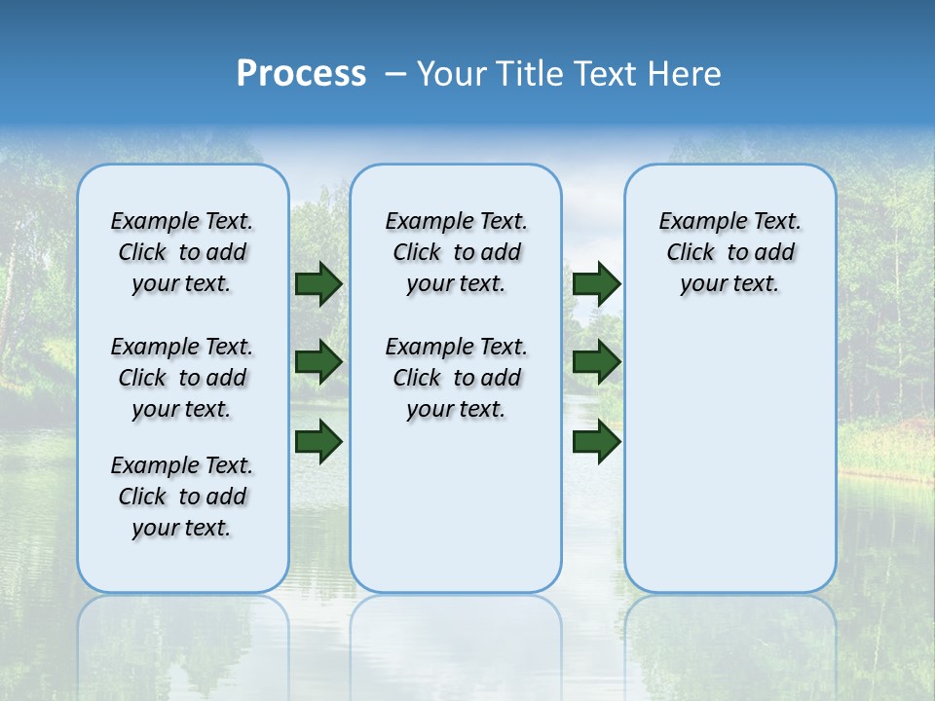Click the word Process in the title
click(301, 74)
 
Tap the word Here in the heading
click(683, 74)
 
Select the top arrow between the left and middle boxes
click(318, 283)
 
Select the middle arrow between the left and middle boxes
click(318, 362)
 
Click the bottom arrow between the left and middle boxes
click(318, 442)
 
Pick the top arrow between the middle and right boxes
click(596, 283)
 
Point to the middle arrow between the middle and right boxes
click(596, 362)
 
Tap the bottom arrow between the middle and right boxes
click(596, 442)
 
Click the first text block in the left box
click(182, 252)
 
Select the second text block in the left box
click(182, 378)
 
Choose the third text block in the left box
click(182, 497)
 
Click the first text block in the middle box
click(456, 252)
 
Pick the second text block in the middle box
click(456, 378)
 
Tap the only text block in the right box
click(730, 252)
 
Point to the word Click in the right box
click(691, 253)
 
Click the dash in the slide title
click(394, 74)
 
